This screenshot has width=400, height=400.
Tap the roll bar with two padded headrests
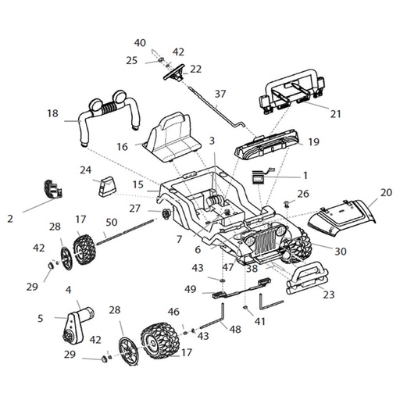(x=109, y=113)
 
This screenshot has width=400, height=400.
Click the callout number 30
(x=339, y=251)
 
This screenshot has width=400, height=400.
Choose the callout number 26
(x=304, y=193)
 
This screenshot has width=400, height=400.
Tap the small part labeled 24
(x=105, y=187)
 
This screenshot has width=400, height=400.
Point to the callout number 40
(x=140, y=42)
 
